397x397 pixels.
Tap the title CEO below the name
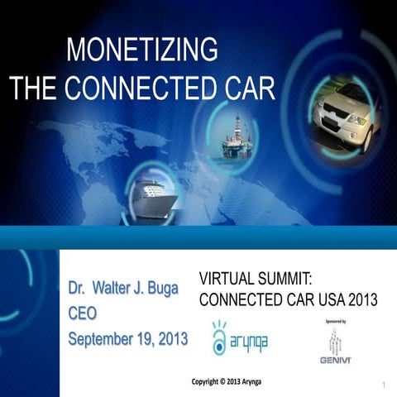[x=83, y=314]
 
